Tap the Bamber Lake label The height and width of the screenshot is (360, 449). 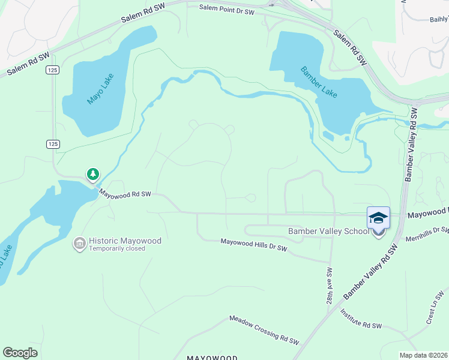[319, 82]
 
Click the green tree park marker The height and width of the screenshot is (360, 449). [92, 174]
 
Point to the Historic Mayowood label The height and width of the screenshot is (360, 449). [125, 241]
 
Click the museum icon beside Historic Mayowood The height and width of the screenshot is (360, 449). [79, 243]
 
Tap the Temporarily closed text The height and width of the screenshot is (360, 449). [117, 248]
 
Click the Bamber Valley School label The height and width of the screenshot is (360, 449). [329, 231]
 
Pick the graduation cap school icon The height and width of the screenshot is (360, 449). [378, 217]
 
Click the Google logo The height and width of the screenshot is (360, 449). [20, 353]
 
